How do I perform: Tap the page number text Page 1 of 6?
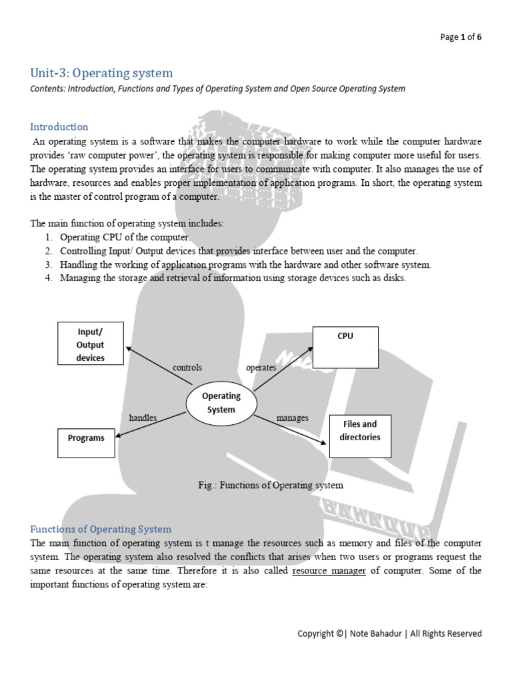pyautogui.click(x=461, y=37)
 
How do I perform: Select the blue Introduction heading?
pyautogui.click(x=59, y=127)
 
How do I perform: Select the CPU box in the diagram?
pyautogui.click(x=345, y=348)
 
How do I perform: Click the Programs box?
pyautogui.click(x=86, y=439)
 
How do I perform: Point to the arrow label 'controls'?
pyautogui.click(x=187, y=368)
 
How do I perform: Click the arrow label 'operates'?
pyautogui.click(x=261, y=368)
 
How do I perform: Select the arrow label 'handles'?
pyautogui.click(x=143, y=418)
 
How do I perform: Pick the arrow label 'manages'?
pyautogui.click(x=292, y=418)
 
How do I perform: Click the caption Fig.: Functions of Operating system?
pyautogui.click(x=271, y=486)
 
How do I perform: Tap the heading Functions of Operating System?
pyautogui.click(x=101, y=529)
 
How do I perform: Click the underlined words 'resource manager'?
pyautogui.click(x=329, y=571)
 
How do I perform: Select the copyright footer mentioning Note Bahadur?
pyautogui.click(x=389, y=633)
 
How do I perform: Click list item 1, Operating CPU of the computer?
pyautogui.click(x=125, y=238)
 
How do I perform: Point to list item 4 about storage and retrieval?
pyautogui.click(x=232, y=278)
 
